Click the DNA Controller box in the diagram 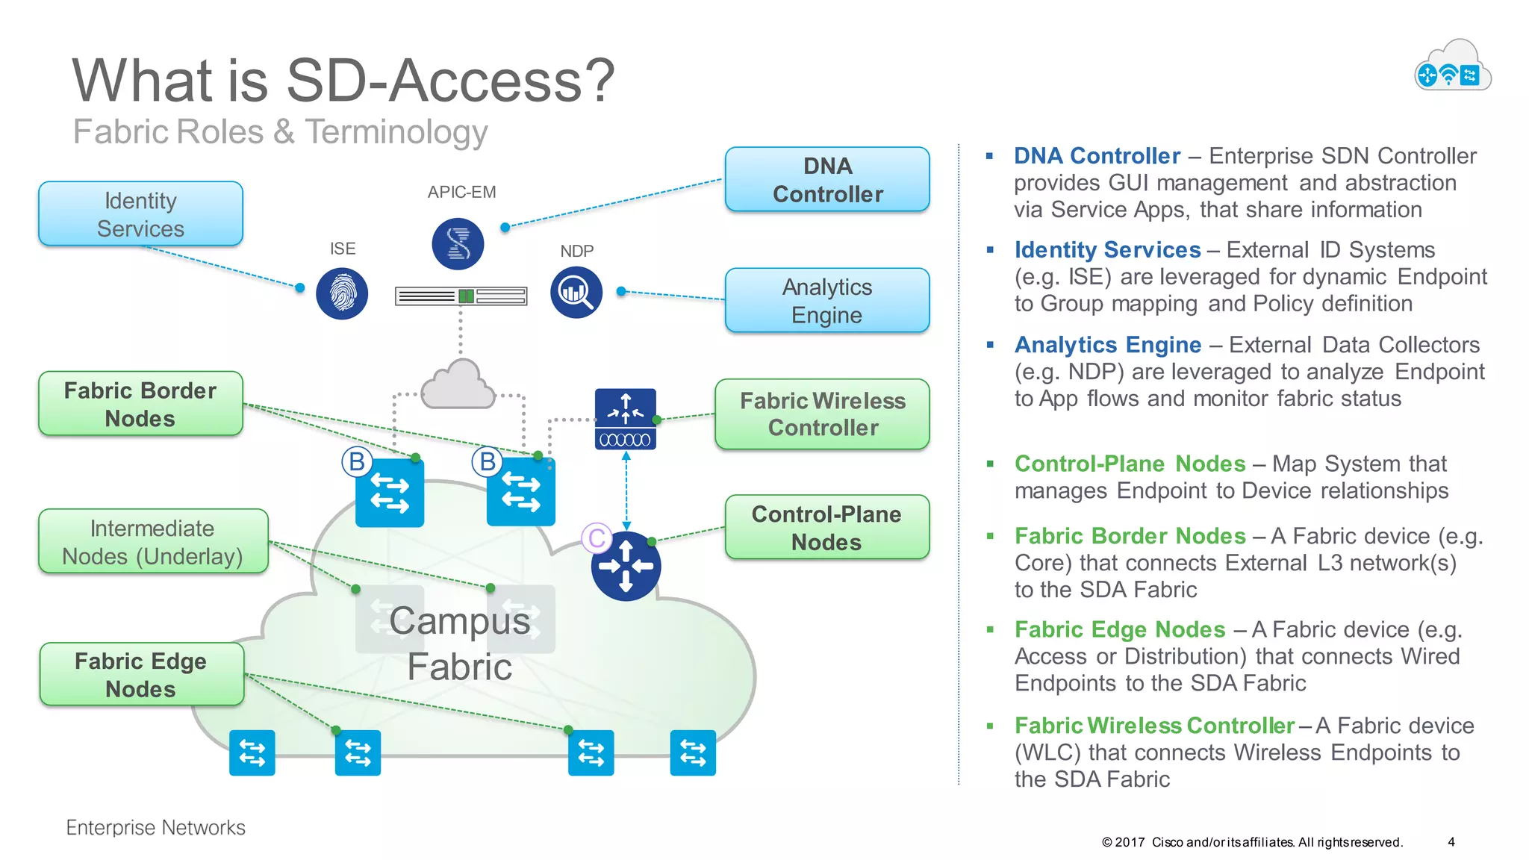[x=827, y=180]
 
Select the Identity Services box [x=140, y=214]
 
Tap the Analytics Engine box [x=827, y=301]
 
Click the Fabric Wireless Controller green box [x=822, y=414]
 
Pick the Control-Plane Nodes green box [x=826, y=528]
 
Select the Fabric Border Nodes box [x=140, y=404]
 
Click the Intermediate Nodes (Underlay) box [x=152, y=542]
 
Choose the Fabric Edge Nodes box [x=141, y=675]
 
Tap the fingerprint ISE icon [x=342, y=294]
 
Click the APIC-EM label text [x=461, y=192]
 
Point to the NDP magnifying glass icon [x=576, y=293]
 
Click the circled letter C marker [x=597, y=537]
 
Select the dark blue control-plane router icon [x=626, y=567]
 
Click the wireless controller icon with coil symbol [x=626, y=419]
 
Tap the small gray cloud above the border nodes [x=458, y=385]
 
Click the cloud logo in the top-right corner [x=1452, y=67]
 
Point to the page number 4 [x=1451, y=842]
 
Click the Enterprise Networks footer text [x=155, y=827]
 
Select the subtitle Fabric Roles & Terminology [x=280, y=132]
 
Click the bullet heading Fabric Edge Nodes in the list [x=1119, y=629]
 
